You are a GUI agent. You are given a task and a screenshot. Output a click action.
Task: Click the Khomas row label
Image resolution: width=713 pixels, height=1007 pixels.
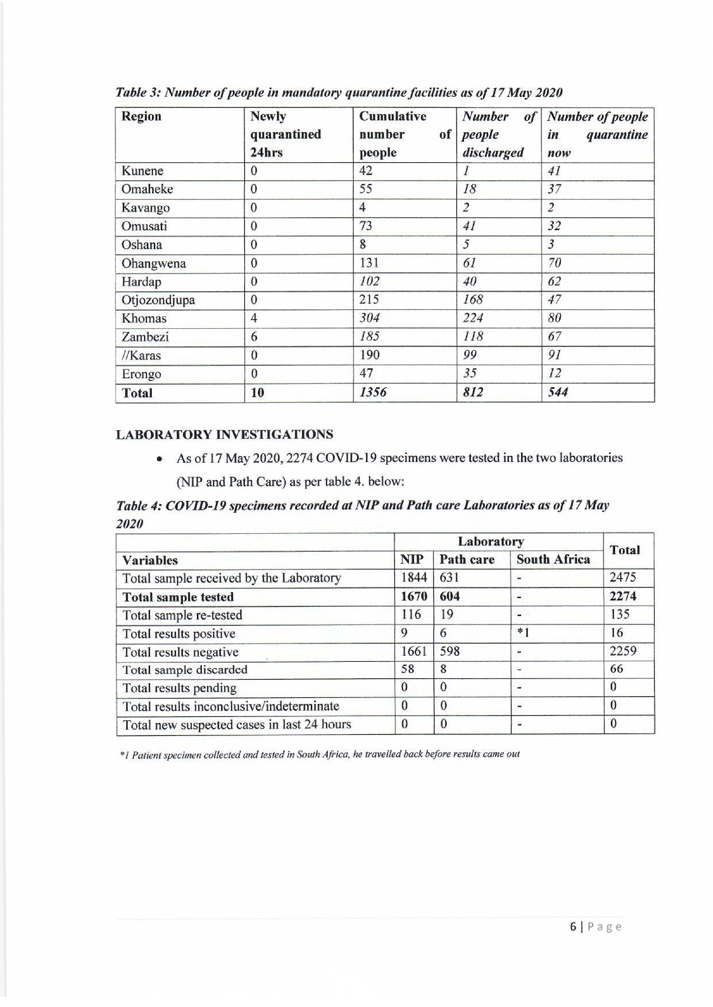pyautogui.click(x=144, y=318)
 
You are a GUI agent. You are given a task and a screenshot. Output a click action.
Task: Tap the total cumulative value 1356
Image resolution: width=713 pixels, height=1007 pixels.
pyautogui.click(x=373, y=392)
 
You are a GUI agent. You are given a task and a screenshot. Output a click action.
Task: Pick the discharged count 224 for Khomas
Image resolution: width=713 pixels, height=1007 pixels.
pyautogui.click(x=473, y=318)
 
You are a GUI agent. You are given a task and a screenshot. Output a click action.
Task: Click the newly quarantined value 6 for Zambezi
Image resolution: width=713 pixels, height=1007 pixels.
pyautogui.click(x=254, y=337)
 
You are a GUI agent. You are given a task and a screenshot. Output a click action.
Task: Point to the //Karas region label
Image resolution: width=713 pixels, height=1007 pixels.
pyautogui.click(x=141, y=355)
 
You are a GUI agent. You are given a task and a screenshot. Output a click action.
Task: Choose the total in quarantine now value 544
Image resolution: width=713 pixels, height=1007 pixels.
pyautogui.click(x=557, y=392)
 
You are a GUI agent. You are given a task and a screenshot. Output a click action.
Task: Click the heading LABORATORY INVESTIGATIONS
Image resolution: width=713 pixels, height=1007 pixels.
pyautogui.click(x=224, y=435)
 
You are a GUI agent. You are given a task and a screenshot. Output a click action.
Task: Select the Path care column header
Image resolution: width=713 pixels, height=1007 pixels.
pyautogui.click(x=467, y=559)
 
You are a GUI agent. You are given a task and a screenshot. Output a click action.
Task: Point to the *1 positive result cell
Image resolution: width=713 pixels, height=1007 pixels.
pyautogui.click(x=523, y=633)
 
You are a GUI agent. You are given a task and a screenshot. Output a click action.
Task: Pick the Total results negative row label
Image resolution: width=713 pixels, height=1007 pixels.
pyautogui.click(x=180, y=652)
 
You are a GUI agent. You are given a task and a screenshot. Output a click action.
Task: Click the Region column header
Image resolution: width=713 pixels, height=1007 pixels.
pyautogui.click(x=141, y=117)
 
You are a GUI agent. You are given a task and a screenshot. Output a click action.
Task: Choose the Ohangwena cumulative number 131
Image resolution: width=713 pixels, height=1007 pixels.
pyautogui.click(x=369, y=263)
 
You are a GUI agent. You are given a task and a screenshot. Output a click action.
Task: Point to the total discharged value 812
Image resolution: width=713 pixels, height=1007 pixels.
pyautogui.click(x=473, y=392)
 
